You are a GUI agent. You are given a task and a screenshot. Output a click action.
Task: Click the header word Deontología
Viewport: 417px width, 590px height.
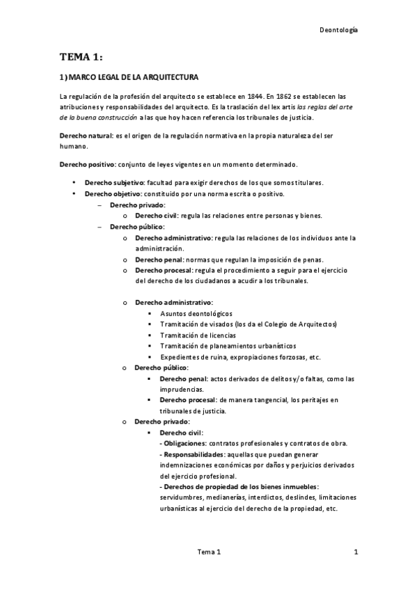(338, 30)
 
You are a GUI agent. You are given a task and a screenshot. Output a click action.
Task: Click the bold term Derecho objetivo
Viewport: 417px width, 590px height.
(111, 193)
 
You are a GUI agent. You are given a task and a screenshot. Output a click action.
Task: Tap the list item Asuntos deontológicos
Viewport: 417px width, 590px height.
(196, 314)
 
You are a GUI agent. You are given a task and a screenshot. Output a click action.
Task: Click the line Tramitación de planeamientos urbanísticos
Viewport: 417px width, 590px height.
(228, 346)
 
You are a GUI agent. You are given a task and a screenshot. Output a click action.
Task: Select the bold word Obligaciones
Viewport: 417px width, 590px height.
(184, 443)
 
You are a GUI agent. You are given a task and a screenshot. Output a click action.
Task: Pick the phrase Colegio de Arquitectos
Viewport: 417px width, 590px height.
(301, 324)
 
